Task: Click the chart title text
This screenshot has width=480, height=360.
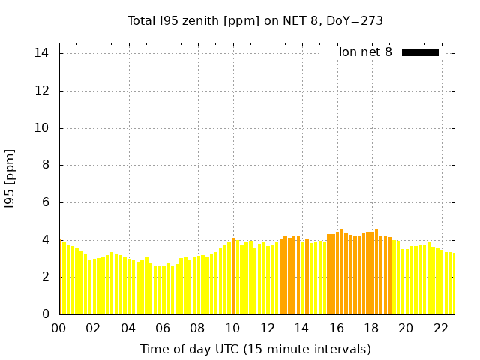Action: click(255, 20)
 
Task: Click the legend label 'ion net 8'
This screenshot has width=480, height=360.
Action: click(365, 52)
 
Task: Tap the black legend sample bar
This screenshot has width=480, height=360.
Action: click(420, 52)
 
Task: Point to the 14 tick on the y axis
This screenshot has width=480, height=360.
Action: click(42, 53)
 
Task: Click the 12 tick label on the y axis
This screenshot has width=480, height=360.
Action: click(42, 91)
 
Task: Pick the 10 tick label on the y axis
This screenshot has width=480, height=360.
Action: click(42, 128)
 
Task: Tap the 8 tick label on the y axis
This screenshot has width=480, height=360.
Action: click(45, 165)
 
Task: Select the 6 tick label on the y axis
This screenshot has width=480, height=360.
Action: click(45, 202)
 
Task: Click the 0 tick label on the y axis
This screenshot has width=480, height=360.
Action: click(45, 314)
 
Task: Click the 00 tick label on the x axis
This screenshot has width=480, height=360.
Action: click(59, 328)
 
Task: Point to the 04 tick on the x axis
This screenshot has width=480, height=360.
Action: click(128, 328)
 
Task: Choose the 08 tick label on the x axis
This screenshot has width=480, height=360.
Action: click(198, 328)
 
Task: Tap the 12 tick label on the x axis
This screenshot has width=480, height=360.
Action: click(267, 328)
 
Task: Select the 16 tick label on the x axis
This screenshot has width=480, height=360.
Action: click(337, 328)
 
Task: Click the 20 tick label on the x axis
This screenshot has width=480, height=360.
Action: click(406, 328)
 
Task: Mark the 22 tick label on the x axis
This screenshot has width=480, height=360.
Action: click(440, 328)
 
